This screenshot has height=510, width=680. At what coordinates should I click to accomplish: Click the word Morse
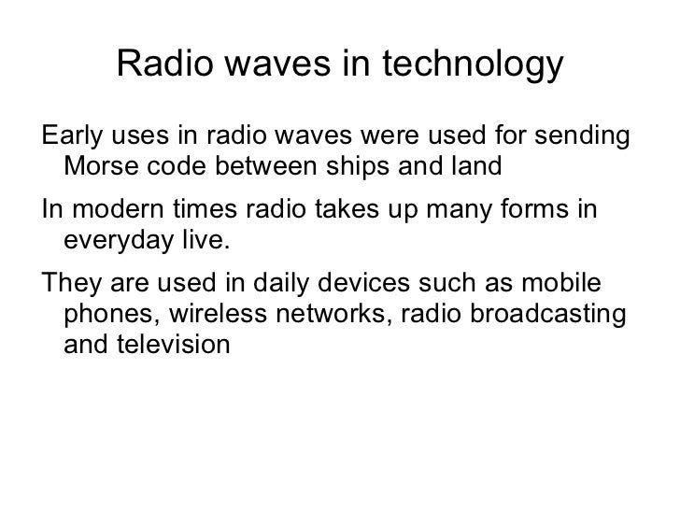[x=96, y=170]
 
